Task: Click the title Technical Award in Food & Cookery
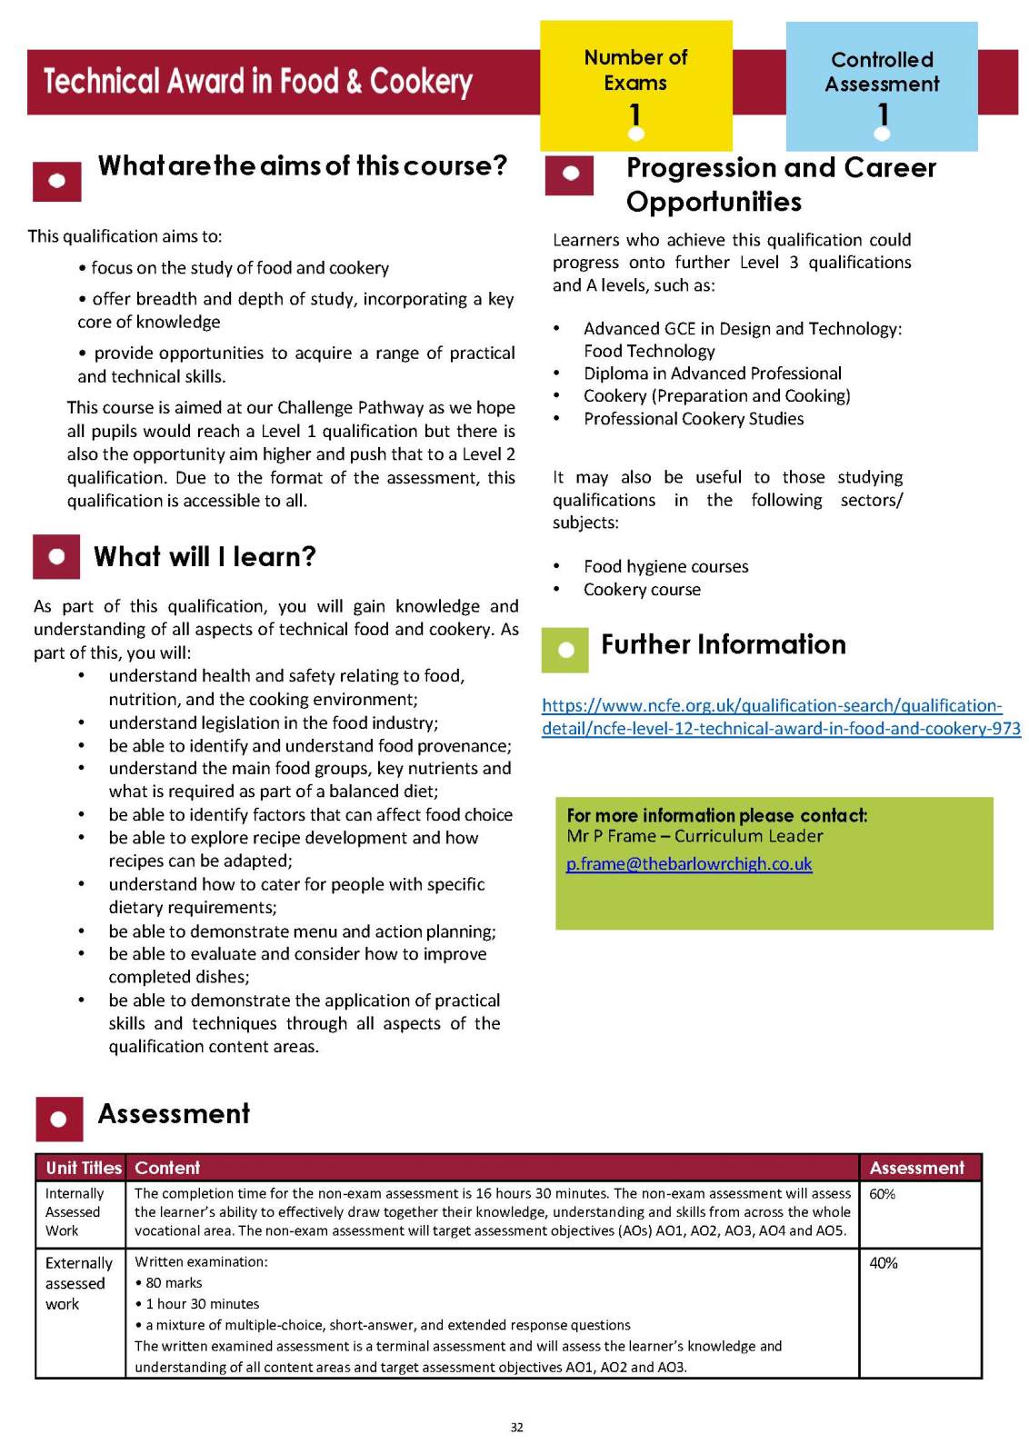(258, 82)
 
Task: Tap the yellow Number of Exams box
(635, 85)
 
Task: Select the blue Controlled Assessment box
(881, 86)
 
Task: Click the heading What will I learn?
(205, 556)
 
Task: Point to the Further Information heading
(723, 644)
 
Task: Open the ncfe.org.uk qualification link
(780, 717)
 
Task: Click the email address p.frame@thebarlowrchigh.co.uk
(688, 863)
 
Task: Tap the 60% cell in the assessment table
(883, 1194)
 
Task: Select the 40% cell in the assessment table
(884, 1263)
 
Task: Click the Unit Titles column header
(83, 1168)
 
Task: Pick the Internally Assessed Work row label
(75, 1212)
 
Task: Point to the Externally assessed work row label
(78, 1283)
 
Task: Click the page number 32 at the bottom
(516, 1428)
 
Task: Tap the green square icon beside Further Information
(565, 650)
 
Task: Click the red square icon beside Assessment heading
(59, 1119)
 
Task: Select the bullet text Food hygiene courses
(665, 566)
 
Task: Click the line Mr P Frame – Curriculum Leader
(694, 836)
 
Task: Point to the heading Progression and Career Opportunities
(780, 184)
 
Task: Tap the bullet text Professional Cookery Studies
(693, 419)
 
